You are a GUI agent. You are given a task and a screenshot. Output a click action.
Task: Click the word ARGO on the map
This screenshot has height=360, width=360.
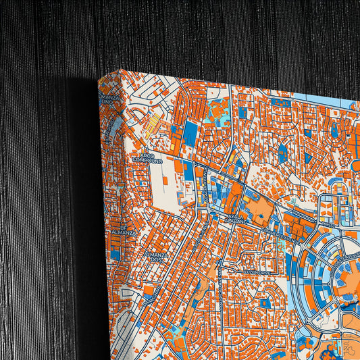[x=147, y=155]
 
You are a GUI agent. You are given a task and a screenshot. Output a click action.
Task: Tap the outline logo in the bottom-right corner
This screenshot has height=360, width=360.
[x=348, y=348]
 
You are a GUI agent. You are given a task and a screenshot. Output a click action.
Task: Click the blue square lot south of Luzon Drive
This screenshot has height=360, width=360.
[x=265, y=303]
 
